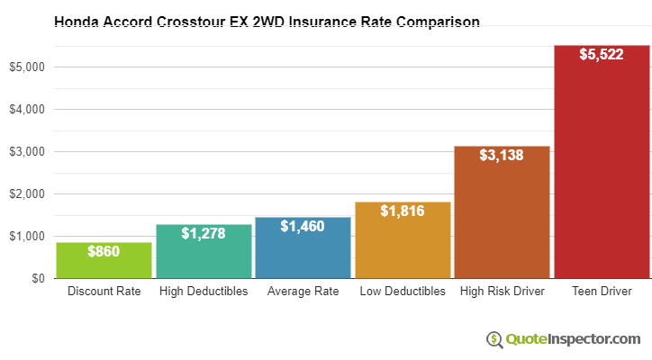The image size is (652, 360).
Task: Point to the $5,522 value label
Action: point(602,56)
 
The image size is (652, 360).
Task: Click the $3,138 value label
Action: point(502,157)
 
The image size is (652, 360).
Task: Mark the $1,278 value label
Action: point(204,234)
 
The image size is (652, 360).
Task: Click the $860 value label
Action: point(104,252)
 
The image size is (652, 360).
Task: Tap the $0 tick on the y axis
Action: point(36,278)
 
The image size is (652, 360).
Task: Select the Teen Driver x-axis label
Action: point(602,292)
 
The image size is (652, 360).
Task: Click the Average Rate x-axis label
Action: point(303,292)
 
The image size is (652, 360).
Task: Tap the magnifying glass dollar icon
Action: point(494,339)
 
